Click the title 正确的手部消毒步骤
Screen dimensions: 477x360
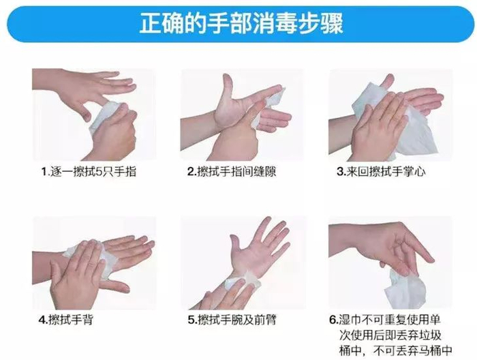[x=241, y=23]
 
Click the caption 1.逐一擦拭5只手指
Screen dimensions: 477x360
[x=89, y=172]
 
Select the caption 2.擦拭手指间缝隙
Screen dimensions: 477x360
[x=232, y=172]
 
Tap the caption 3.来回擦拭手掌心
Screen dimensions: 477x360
[x=381, y=172]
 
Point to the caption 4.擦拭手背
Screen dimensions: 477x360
[x=65, y=320]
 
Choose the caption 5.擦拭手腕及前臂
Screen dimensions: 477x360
[x=232, y=320]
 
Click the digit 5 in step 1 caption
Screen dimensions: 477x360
[x=99, y=172]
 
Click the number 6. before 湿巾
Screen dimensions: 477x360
[x=334, y=320]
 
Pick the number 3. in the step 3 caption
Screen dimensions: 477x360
[x=341, y=172]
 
